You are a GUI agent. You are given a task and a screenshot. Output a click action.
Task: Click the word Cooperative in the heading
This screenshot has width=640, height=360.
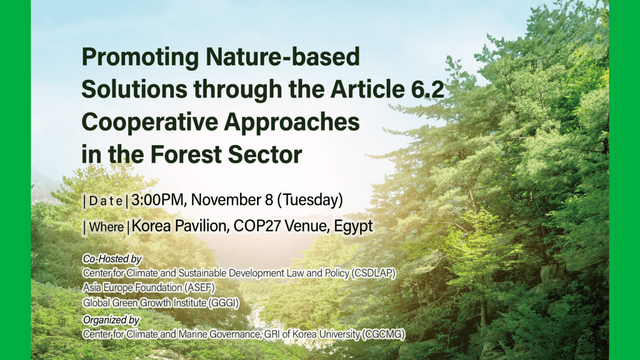pyautogui.click(x=150, y=122)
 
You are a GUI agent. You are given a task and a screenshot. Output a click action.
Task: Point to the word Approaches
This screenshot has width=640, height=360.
pyautogui.click(x=292, y=122)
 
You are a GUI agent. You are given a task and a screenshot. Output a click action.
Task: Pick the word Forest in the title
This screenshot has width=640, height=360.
pyautogui.click(x=186, y=155)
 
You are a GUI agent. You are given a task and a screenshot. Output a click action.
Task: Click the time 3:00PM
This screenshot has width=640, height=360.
pyautogui.click(x=157, y=200)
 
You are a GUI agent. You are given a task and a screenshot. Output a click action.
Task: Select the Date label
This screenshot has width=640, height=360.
pyautogui.click(x=106, y=201)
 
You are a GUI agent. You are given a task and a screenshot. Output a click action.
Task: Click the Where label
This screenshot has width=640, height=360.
pyautogui.click(x=106, y=227)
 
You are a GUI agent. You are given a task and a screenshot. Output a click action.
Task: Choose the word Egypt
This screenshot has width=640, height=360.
pyautogui.click(x=353, y=226)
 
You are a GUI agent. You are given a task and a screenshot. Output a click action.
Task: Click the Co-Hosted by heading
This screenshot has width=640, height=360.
pyautogui.click(x=112, y=259)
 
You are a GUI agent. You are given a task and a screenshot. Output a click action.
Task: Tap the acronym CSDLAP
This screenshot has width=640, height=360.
pyautogui.click(x=374, y=273)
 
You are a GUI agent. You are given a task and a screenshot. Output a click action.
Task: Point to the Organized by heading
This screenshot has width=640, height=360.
pyautogui.click(x=111, y=320)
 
